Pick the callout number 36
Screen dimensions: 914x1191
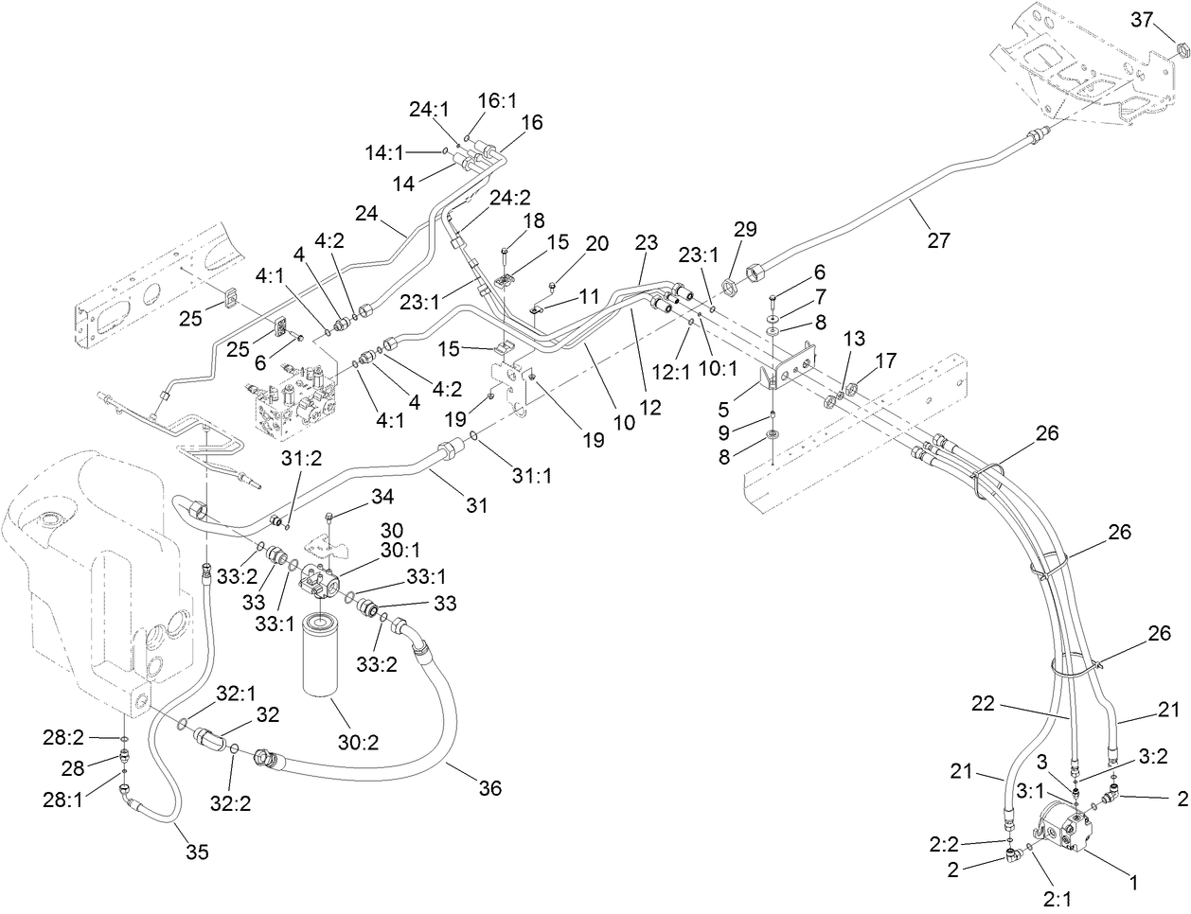tap(489, 787)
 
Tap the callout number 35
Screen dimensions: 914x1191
tap(195, 852)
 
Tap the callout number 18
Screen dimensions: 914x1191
tap(535, 220)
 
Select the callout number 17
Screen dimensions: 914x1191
tap(885, 360)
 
